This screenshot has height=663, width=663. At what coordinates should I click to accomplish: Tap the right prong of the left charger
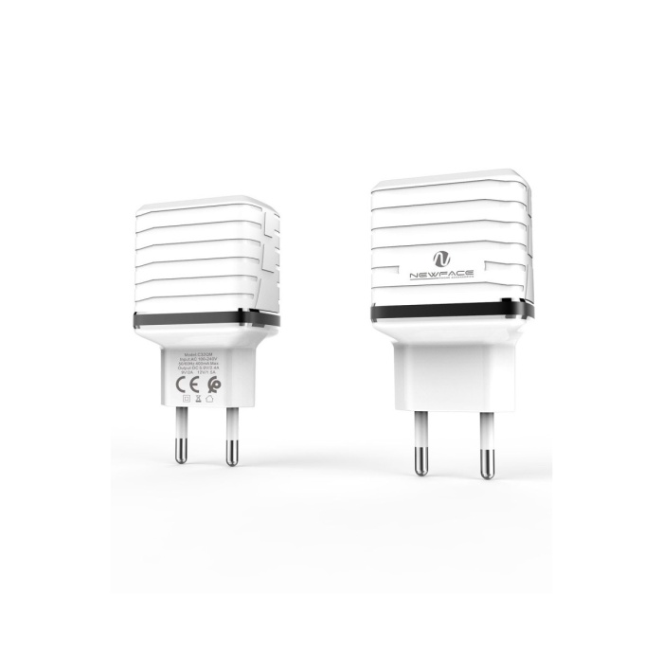(230, 441)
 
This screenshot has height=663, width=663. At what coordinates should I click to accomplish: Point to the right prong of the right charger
(486, 450)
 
